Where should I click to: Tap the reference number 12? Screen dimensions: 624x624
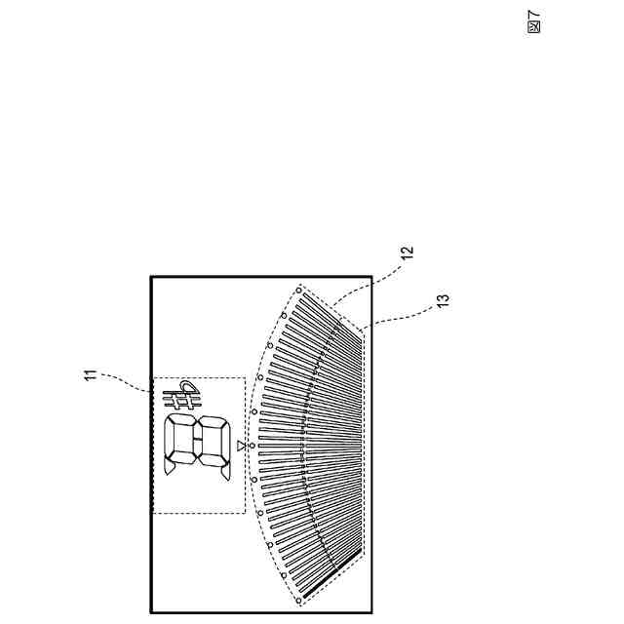[408, 252]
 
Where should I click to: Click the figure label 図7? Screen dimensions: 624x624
[532, 20]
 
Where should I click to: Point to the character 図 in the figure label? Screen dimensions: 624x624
[532, 26]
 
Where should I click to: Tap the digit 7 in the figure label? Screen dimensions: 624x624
[532, 14]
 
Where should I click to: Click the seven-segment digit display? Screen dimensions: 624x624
[198, 446]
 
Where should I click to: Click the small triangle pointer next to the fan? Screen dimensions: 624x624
[240, 446]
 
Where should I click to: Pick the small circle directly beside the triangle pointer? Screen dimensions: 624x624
[251, 446]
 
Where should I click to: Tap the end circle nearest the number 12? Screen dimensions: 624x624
[298, 291]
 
